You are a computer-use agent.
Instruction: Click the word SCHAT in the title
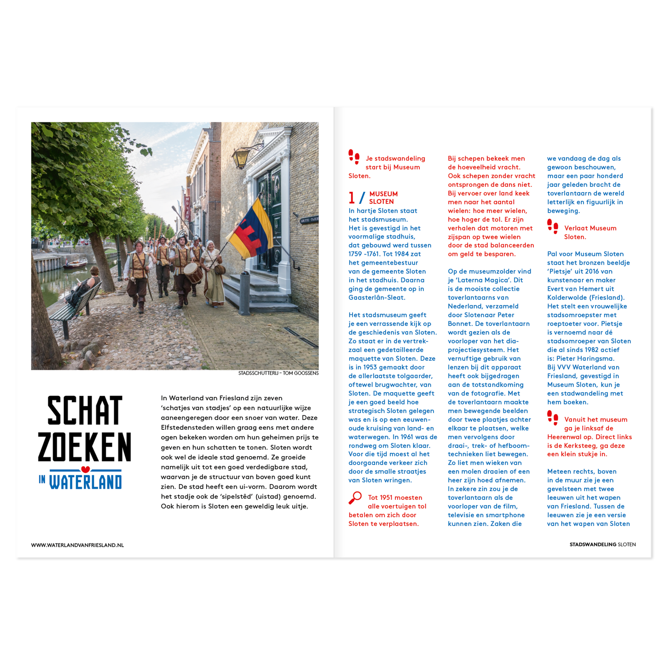pyautogui.click(x=85, y=411)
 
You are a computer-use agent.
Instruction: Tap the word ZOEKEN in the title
pyautogui.click(x=85, y=447)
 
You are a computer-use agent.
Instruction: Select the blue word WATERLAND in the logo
pyautogui.click(x=86, y=482)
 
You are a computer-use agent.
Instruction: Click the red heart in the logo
pyautogui.click(x=85, y=470)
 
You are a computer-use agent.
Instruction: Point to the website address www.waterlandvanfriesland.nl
pyautogui.click(x=77, y=545)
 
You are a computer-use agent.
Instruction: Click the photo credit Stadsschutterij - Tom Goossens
pyautogui.click(x=278, y=373)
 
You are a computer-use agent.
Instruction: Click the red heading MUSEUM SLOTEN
pyautogui.click(x=383, y=198)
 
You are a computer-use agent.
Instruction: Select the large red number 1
pyautogui.click(x=352, y=198)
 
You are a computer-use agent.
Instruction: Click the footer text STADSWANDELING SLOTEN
pyautogui.click(x=602, y=544)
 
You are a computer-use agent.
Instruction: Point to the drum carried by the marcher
pyautogui.click(x=193, y=272)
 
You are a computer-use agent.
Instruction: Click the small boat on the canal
pyautogui.click(x=75, y=264)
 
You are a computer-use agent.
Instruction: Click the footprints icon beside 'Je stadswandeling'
pyautogui.click(x=354, y=156)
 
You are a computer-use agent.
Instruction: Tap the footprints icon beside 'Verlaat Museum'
pyautogui.click(x=553, y=226)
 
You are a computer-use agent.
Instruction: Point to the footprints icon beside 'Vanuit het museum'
pyautogui.click(x=553, y=417)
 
